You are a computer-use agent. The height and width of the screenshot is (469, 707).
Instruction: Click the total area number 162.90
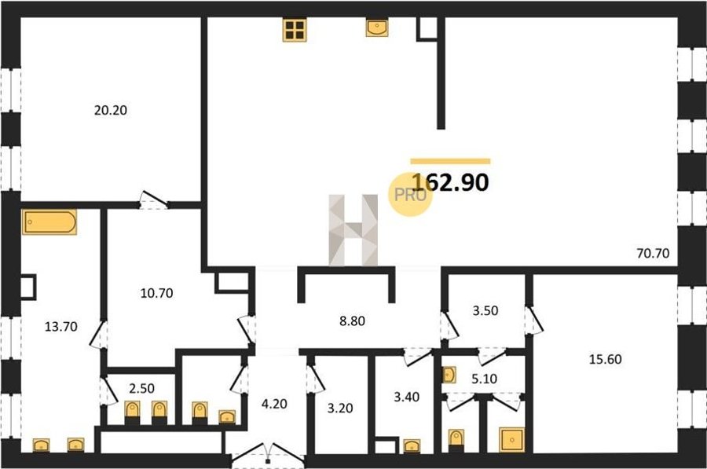point(450,182)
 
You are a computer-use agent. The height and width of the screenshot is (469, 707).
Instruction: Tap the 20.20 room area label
point(111,110)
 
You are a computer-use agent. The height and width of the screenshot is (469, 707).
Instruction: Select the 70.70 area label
point(653,253)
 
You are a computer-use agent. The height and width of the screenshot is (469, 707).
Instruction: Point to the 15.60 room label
point(605,360)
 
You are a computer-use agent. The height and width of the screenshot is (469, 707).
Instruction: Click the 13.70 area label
point(60,327)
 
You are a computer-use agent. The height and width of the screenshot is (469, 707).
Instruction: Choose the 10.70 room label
point(156,293)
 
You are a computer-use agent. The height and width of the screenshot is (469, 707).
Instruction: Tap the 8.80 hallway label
point(352,321)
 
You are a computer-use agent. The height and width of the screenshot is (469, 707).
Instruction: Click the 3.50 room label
point(485,311)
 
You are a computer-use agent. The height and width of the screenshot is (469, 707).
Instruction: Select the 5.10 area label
point(484,379)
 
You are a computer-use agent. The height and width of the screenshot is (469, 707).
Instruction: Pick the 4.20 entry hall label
point(274,404)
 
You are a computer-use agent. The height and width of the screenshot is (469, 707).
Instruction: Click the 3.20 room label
point(340,409)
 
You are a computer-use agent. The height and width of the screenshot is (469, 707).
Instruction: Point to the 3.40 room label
point(407,397)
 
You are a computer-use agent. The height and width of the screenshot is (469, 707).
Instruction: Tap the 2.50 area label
point(141,388)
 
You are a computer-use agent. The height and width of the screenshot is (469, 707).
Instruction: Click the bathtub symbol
point(49,222)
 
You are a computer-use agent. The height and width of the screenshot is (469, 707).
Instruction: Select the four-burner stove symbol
point(295,30)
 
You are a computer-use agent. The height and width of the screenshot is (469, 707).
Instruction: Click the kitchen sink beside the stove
point(377,27)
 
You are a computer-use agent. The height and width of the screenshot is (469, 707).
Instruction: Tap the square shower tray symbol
point(511,440)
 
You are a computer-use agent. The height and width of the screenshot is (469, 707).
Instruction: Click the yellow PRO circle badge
point(410,195)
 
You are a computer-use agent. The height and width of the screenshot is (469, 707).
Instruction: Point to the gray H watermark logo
point(353,230)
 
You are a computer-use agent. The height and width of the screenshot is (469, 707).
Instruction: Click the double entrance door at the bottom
point(269,453)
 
